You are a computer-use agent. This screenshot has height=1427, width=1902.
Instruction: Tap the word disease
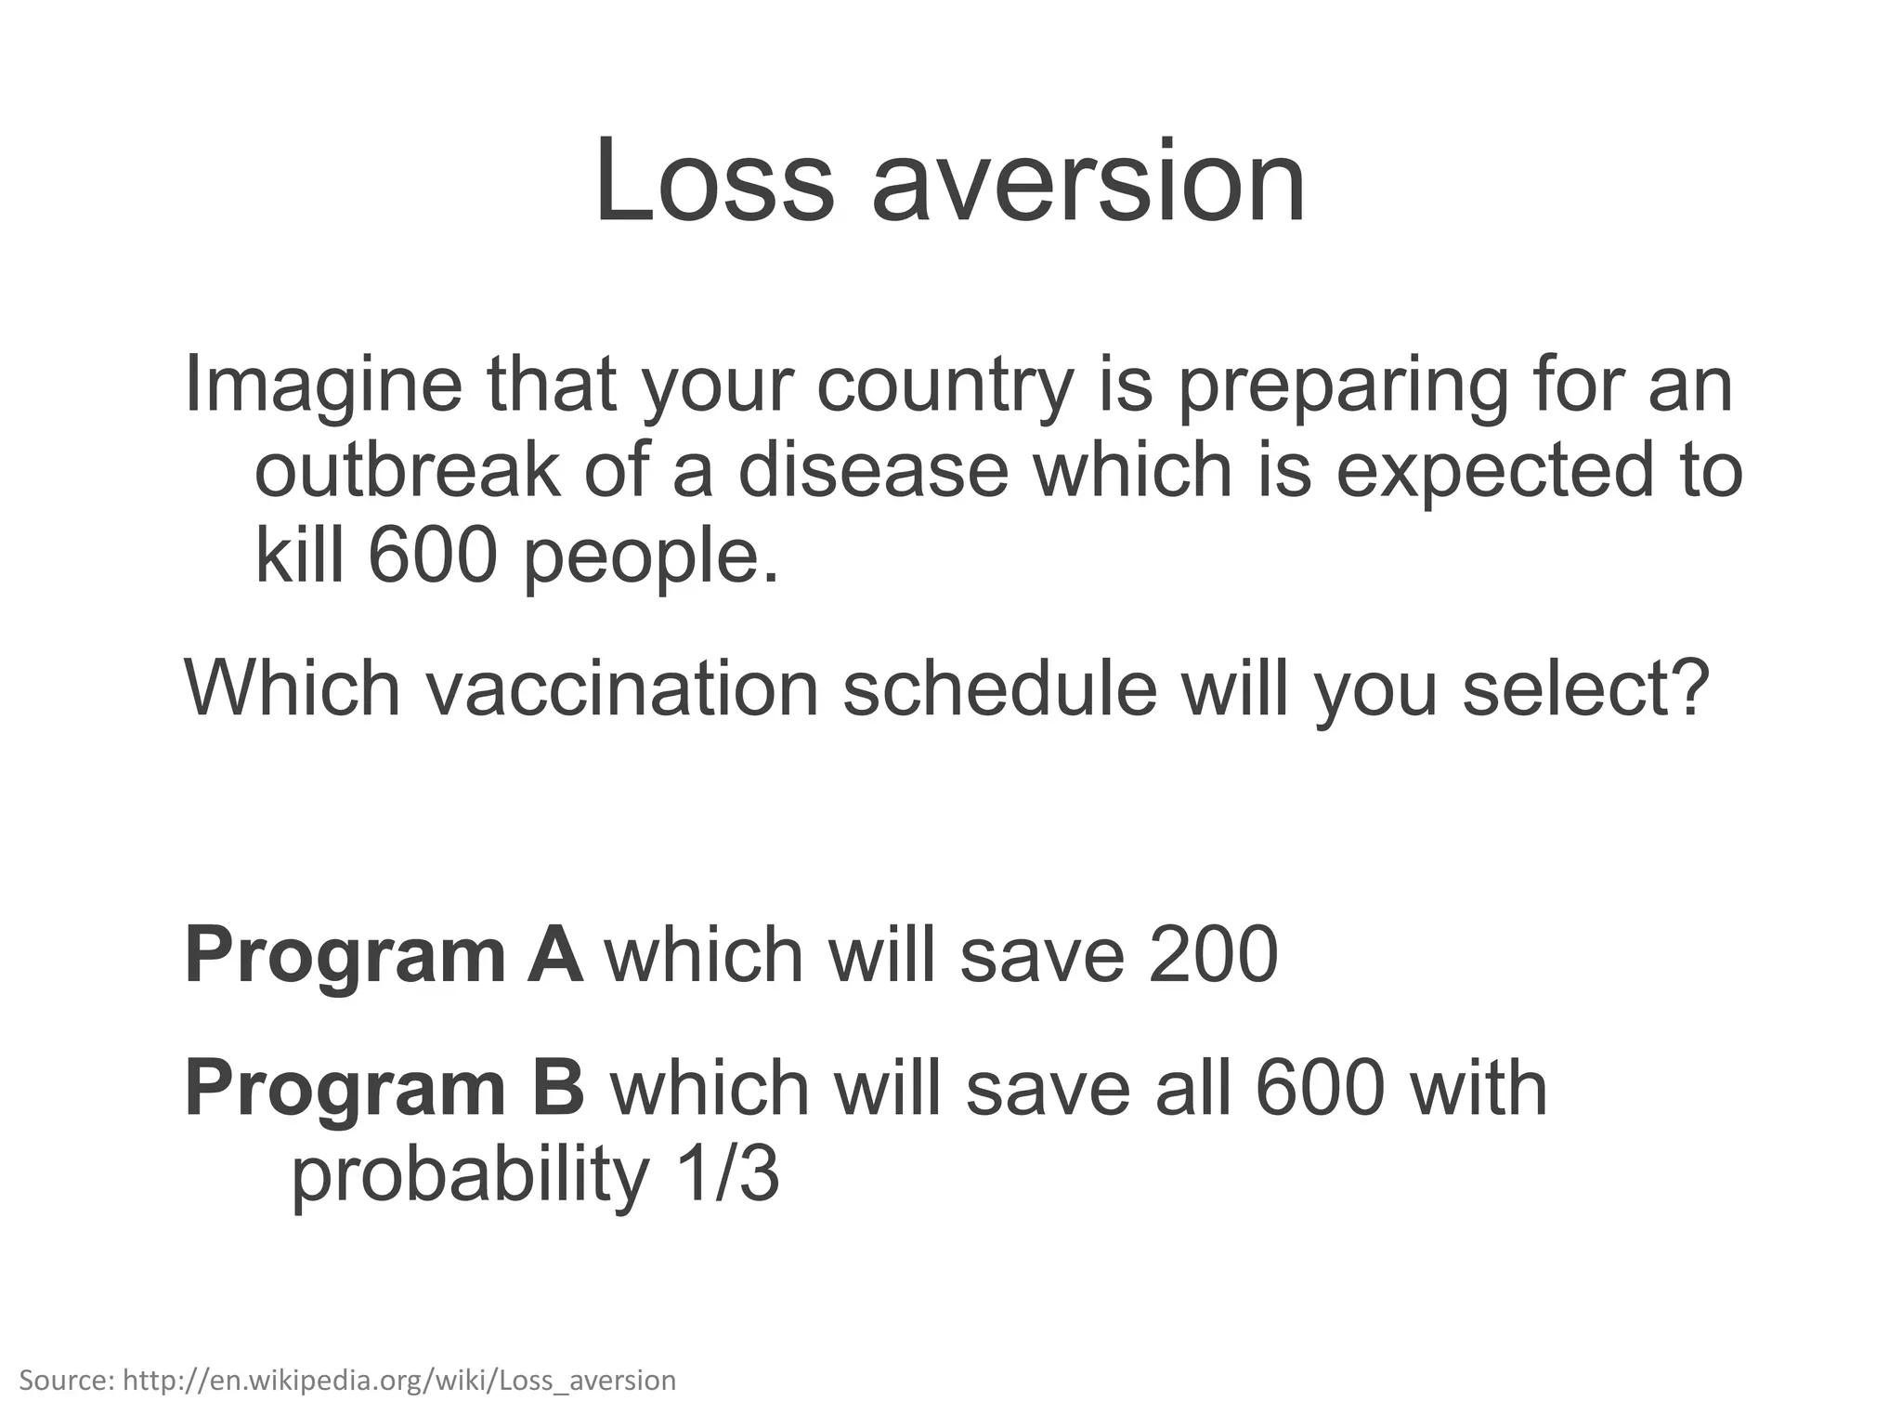tap(873, 470)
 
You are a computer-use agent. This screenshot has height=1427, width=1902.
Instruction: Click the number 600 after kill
tap(431, 556)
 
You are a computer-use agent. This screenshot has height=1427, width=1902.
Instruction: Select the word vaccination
tap(621, 689)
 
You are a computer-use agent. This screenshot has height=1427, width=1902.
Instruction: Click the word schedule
tap(999, 689)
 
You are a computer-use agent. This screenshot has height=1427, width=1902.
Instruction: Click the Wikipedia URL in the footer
tap(399, 1381)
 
